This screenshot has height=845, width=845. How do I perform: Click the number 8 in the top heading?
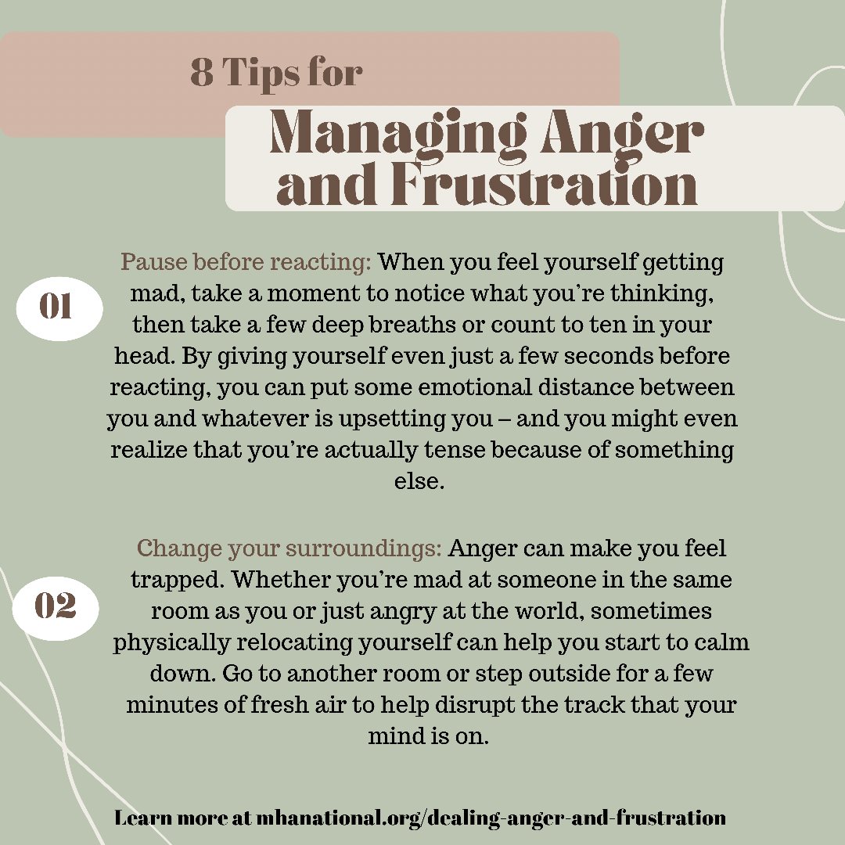[x=203, y=73]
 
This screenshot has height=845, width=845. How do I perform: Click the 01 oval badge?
[x=56, y=307]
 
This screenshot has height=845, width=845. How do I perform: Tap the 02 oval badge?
[x=56, y=607]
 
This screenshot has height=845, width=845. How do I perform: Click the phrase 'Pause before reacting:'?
[x=246, y=261]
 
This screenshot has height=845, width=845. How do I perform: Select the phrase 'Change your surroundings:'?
[x=289, y=548]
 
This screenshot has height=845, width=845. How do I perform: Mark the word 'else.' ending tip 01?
[x=419, y=480]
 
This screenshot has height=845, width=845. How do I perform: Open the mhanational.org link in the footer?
[x=490, y=818]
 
